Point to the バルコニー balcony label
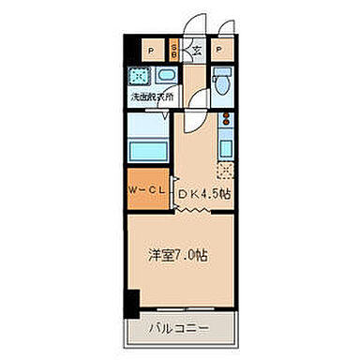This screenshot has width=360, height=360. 179,330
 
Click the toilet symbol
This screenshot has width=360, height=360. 221,82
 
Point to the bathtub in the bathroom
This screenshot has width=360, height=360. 144,149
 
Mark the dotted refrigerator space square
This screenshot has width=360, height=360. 225,171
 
